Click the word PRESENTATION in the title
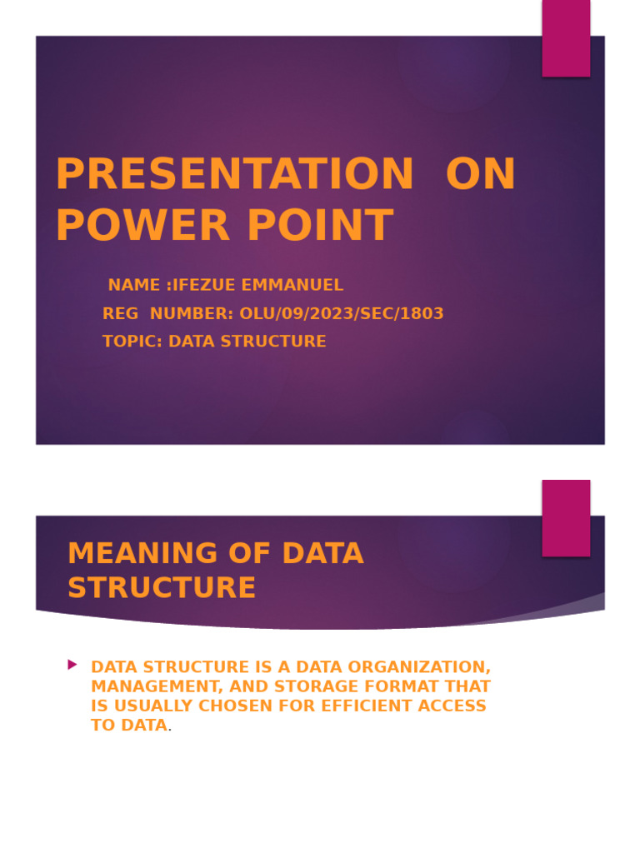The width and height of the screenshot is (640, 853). [234, 175]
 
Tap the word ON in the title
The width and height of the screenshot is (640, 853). [481, 175]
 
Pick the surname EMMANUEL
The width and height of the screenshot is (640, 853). [292, 286]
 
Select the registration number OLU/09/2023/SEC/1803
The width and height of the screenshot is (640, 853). [342, 314]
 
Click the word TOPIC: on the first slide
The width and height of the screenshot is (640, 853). [132, 342]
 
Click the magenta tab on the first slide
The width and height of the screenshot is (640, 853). [566, 37]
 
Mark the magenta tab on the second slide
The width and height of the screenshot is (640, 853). [566, 517]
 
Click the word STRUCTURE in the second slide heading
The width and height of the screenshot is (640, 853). [162, 588]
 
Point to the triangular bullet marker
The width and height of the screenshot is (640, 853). [72, 665]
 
